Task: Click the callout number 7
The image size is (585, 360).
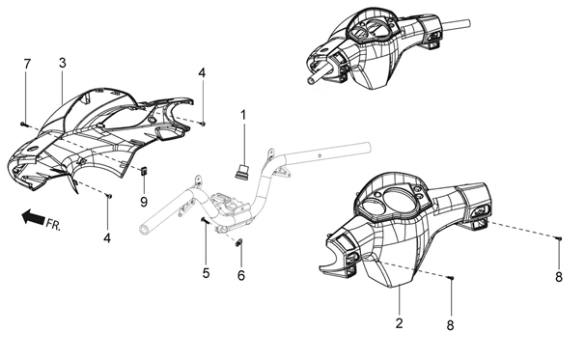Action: point(26,64)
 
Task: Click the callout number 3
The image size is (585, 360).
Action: point(63,63)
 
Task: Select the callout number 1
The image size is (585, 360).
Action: point(243,115)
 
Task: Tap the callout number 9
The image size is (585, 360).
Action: point(144,202)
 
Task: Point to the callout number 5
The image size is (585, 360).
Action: point(206,273)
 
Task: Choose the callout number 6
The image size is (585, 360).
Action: point(241,276)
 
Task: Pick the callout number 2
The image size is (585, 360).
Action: point(400,323)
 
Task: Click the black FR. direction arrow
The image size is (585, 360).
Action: point(33,217)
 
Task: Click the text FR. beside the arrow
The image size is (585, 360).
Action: point(53,224)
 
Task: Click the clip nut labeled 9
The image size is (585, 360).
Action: point(144,171)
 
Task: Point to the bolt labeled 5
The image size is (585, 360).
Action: point(205,221)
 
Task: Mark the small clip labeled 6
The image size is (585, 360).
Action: point(239,243)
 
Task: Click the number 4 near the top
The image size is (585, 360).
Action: point(202,72)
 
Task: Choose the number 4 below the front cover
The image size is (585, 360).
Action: point(107,238)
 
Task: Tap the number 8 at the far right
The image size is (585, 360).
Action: point(559,277)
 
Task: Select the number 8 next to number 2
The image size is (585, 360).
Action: point(450,325)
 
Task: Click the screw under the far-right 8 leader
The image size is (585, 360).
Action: point(559,237)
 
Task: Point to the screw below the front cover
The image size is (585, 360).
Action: point(109,195)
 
